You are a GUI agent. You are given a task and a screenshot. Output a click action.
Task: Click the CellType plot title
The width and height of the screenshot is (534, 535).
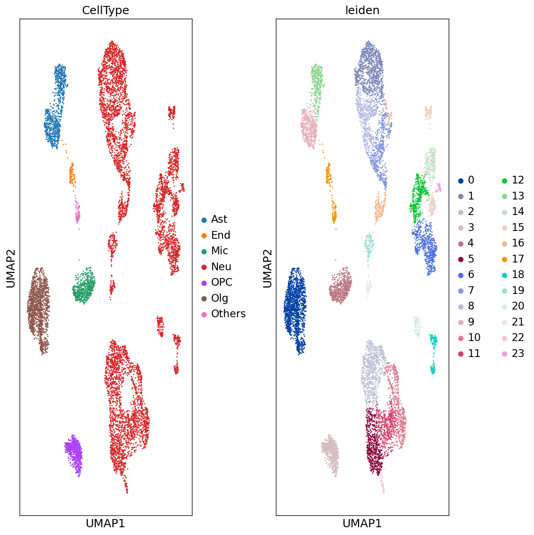[105, 10]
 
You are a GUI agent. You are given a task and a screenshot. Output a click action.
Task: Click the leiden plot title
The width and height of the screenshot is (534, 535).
[362, 10]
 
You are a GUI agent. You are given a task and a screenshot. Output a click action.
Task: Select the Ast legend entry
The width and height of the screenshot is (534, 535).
[219, 220]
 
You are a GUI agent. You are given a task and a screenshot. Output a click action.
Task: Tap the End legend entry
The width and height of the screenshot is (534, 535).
[220, 235]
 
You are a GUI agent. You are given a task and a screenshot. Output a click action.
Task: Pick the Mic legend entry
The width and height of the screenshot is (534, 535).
[219, 251]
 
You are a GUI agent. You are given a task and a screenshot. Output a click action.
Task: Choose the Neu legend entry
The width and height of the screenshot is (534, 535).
[221, 267]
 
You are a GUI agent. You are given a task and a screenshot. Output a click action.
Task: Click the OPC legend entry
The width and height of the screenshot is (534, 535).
[222, 283]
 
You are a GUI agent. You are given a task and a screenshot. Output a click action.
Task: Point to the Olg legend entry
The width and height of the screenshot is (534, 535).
[219, 298]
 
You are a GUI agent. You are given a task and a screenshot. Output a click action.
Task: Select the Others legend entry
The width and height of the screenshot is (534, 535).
[228, 314]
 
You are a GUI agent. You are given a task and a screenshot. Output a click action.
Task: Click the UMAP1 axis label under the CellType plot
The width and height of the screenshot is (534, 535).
[105, 523]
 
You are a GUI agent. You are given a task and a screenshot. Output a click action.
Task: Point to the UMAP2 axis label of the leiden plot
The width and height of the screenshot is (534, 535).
[267, 268]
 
